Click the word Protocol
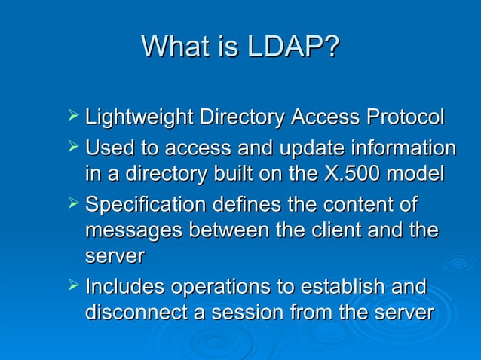[x=404, y=118]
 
